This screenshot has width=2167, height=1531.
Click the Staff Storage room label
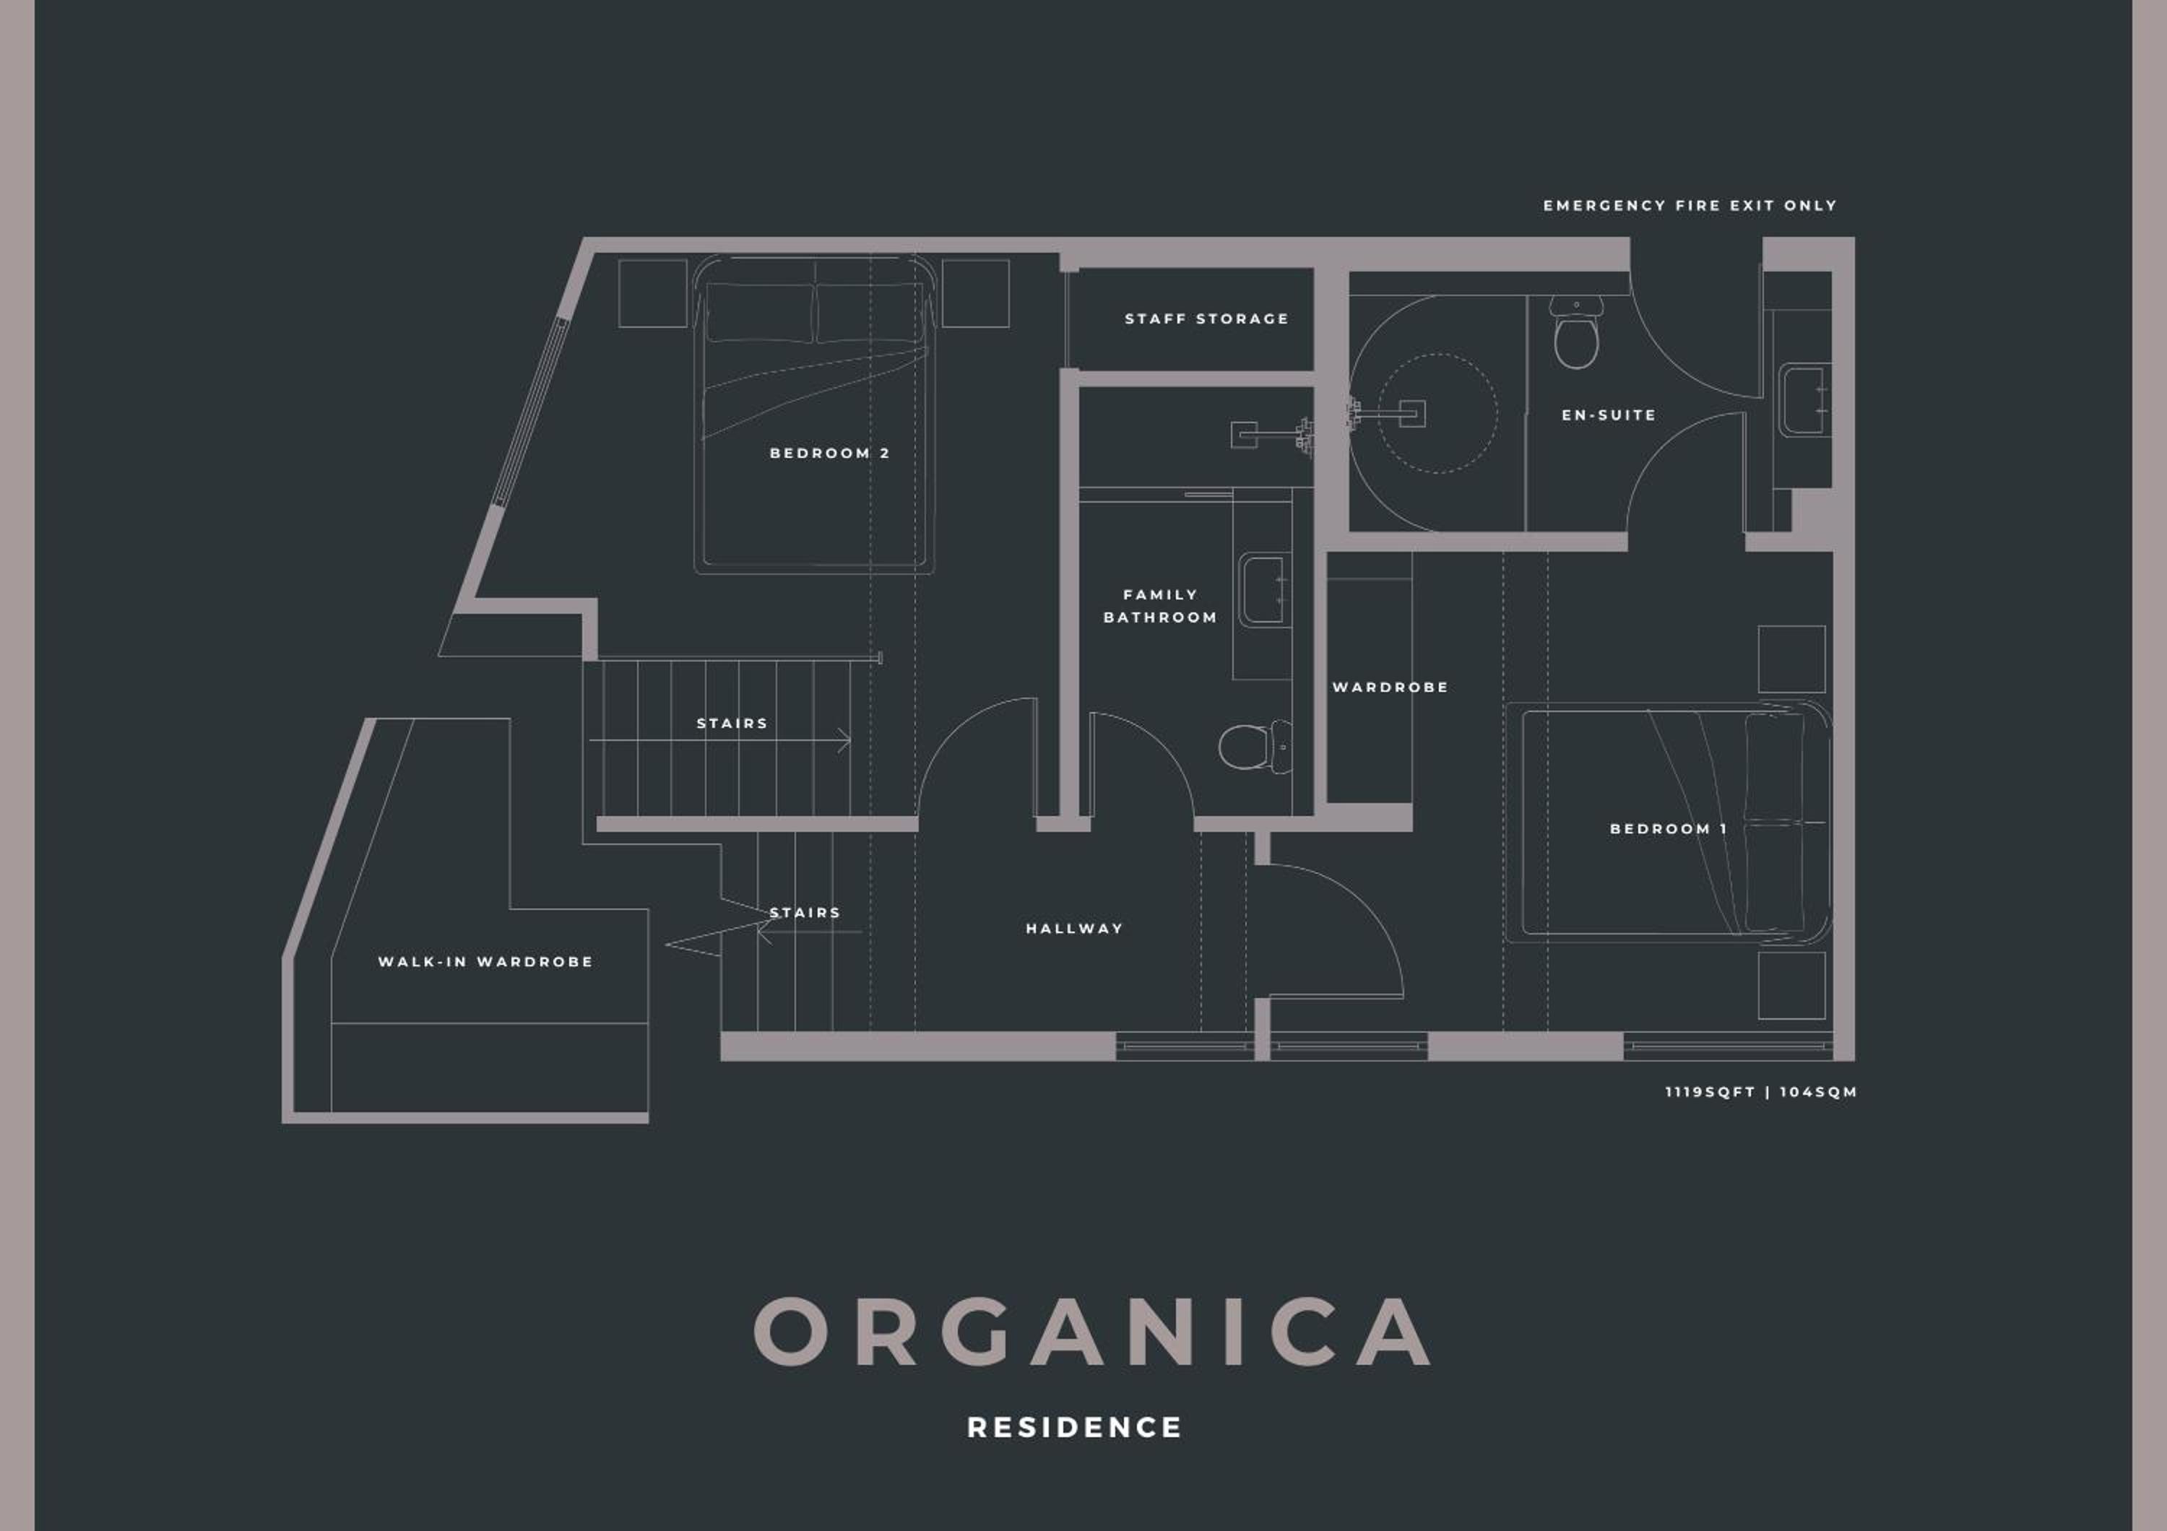[x=1206, y=319]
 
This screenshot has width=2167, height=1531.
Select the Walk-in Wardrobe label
[x=486, y=962]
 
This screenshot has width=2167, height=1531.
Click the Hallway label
[x=1075, y=928]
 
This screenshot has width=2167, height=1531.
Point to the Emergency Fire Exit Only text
[x=1690, y=206]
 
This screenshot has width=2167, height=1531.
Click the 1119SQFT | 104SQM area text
[x=1761, y=1093]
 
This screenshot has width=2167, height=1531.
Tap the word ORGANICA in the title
[x=1093, y=1331]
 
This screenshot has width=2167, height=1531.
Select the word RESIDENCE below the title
[x=1075, y=1427]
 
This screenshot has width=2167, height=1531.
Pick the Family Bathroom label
[x=1161, y=606]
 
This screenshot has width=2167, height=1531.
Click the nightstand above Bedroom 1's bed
[x=1791, y=659]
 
